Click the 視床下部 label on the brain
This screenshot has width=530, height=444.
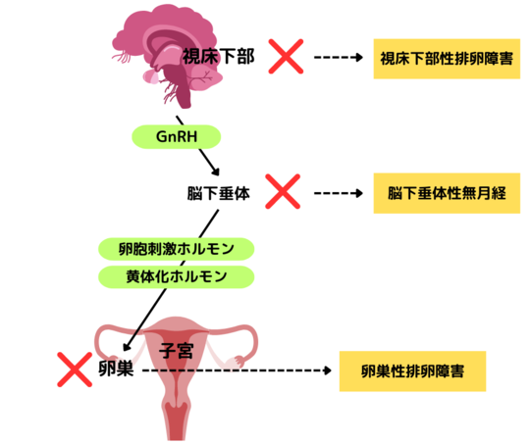tap(218, 56)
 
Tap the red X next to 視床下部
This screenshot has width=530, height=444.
tap(286, 57)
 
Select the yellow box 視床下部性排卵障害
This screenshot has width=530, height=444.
tap(447, 59)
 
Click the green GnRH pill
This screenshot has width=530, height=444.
tap(176, 137)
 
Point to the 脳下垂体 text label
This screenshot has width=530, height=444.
tap(218, 193)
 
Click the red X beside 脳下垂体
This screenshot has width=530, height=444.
tap(283, 191)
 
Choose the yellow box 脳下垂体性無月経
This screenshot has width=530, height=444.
tap(447, 193)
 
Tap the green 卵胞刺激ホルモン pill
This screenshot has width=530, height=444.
tap(176, 249)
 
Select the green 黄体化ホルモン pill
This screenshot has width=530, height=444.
tap(176, 276)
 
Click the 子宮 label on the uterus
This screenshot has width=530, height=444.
tap(176, 350)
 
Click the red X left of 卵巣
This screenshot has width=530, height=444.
tap(75, 370)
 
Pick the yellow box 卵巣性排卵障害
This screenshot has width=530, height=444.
tap(412, 371)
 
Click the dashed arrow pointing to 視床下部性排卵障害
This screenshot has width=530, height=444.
tap(339, 58)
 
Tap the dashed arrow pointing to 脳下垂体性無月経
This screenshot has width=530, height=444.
tap(339, 193)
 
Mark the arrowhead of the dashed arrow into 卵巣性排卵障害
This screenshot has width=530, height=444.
tap(328, 370)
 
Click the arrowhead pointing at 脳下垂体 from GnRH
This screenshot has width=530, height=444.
tap(215, 172)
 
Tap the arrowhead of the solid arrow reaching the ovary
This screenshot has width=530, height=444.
tap(127, 346)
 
